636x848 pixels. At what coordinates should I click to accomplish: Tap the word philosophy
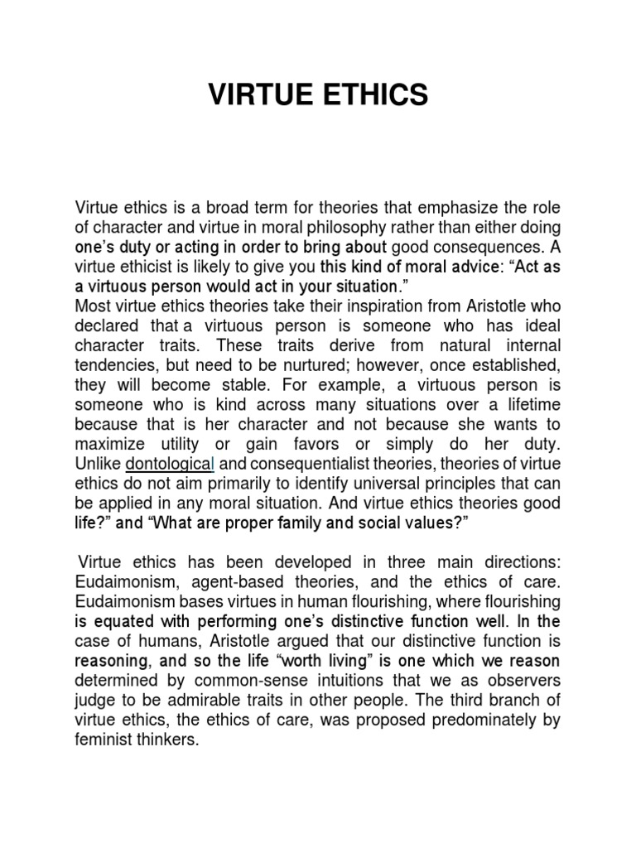tap(402, 227)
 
